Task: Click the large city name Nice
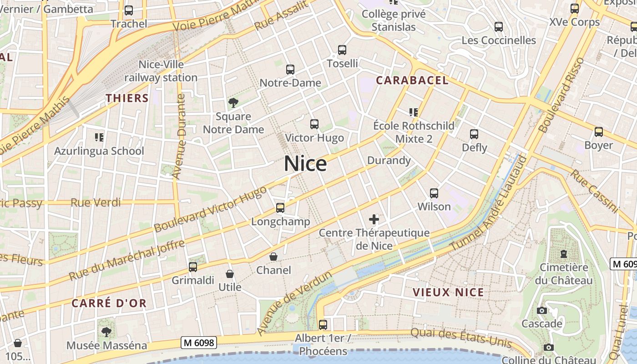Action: (x=305, y=164)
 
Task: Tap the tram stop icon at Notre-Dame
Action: (x=290, y=70)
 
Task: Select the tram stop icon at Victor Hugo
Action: (x=314, y=124)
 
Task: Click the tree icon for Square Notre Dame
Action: (x=233, y=103)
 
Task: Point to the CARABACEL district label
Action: (x=412, y=81)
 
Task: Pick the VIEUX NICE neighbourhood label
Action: (x=448, y=292)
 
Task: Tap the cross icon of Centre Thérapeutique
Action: (x=374, y=219)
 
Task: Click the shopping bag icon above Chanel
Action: (x=273, y=257)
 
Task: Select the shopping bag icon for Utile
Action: (x=230, y=274)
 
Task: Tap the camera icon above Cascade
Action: (x=542, y=310)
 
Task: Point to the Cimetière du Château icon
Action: (x=564, y=253)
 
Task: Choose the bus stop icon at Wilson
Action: (x=434, y=193)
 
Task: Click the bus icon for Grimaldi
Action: (x=193, y=267)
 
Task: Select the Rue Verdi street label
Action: (x=96, y=202)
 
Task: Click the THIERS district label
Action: (x=127, y=98)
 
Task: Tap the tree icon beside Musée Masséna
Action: (x=106, y=332)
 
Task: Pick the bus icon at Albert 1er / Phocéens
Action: (x=323, y=325)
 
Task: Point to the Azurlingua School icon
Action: (x=99, y=137)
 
